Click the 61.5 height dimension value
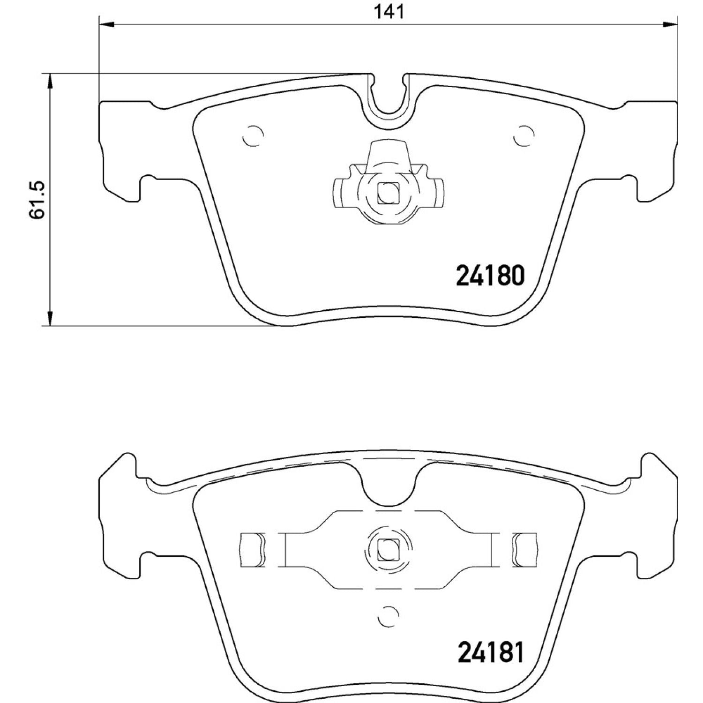tap(37, 199)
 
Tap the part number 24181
tap(490, 652)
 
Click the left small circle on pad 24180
tap(253, 136)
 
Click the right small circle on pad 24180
tap(524, 136)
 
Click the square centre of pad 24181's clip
tap(389, 549)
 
